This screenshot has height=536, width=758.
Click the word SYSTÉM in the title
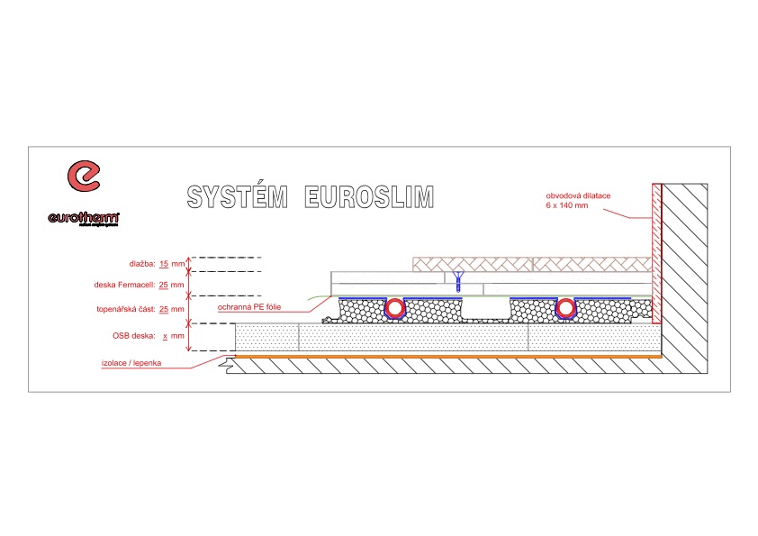click(236, 197)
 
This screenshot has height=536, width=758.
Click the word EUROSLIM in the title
click(369, 197)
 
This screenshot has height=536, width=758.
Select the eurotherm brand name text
click(85, 217)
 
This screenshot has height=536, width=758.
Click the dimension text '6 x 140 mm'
click(566, 205)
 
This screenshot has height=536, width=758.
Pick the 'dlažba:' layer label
click(141, 264)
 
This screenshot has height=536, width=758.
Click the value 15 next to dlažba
click(164, 264)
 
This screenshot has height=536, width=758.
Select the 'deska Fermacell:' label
click(126, 285)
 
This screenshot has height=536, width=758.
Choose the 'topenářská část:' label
click(126, 309)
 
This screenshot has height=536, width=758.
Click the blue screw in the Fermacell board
click(458, 278)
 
